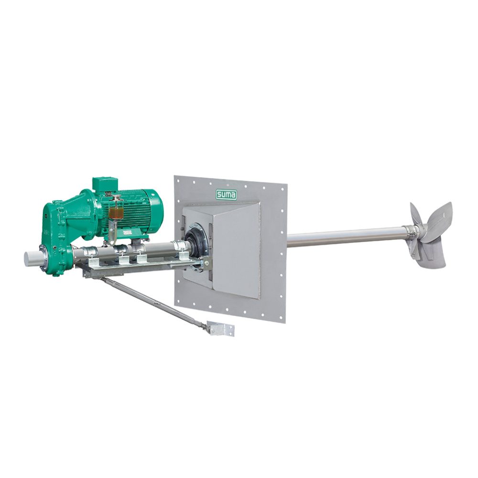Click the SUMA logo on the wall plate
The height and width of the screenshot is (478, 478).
(226, 195)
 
